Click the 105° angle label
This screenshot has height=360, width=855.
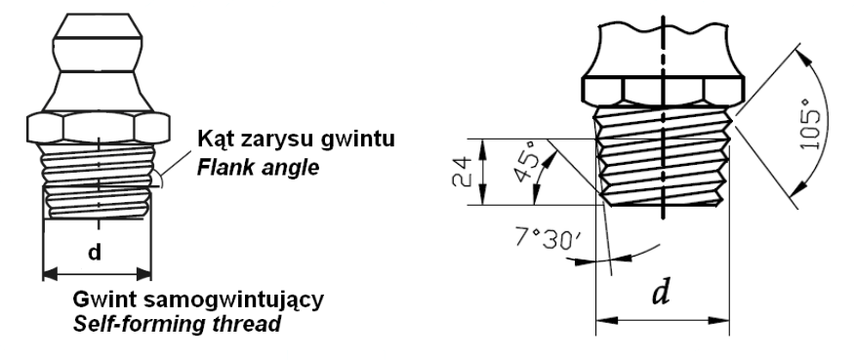(811, 130)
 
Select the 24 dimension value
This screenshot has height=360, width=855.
(462, 172)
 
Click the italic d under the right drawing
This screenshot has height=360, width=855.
(661, 294)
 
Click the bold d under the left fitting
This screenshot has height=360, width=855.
(95, 252)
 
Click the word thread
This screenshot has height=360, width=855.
(240, 324)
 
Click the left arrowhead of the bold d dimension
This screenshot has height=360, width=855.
(50, 274)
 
